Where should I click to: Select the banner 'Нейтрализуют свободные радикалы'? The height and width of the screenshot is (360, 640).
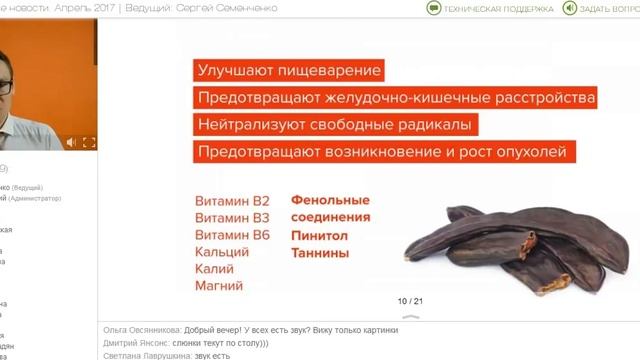point(335,125)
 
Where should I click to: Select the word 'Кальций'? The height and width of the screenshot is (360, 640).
point(222,251)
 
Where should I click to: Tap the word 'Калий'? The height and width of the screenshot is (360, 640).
point(215,268)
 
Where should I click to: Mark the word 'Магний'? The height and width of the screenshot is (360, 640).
point(219,285)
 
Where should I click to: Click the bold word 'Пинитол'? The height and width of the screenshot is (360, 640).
point(320,235)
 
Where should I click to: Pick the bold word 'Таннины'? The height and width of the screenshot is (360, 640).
point(320,253)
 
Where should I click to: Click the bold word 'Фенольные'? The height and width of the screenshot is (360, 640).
point(330,199)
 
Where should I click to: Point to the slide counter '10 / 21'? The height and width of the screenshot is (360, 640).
point(411,300)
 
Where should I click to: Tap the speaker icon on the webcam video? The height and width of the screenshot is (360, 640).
point(71,142)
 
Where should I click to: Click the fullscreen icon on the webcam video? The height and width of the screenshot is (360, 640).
point(88,142)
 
